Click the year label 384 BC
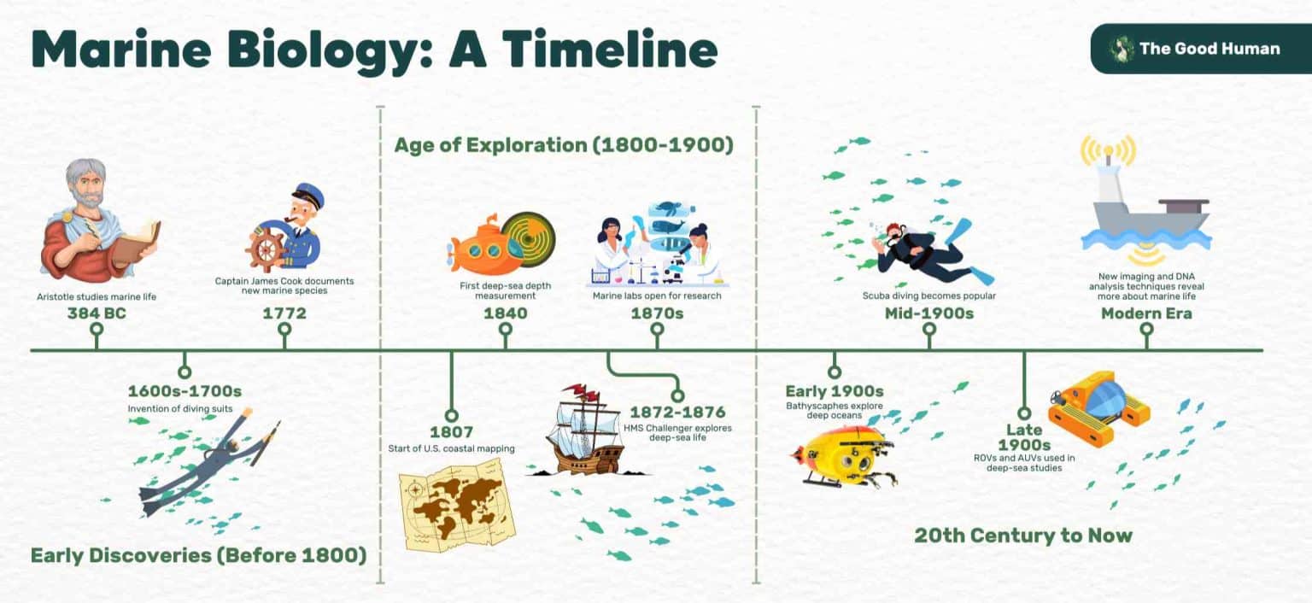(x=96, y=314)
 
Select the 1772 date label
(x=284, y=314)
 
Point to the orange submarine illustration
(x=481, y=247)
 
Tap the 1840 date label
(x=505, y=314)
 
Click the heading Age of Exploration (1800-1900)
(x=564, y=145)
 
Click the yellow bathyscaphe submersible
(x=841, y=457)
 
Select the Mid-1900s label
(x=929, y=314)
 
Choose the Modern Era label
(x=1146, y=314)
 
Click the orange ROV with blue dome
(x=1099, y=406)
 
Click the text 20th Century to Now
(x=1022, y=536)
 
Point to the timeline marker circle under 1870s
(x=657, y=342)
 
